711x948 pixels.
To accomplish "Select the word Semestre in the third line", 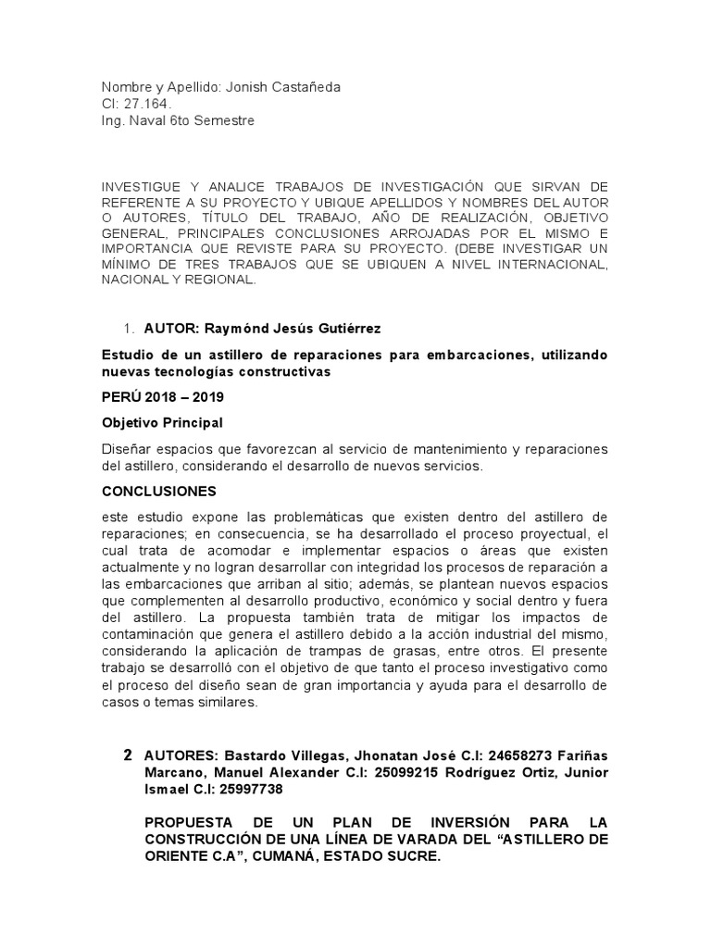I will tap(223, 120).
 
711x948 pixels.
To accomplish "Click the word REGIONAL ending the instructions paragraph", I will tap(221, 280).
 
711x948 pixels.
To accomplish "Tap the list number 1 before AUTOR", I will tap(128, 331).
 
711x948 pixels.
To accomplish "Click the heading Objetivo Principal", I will tap(162, 422).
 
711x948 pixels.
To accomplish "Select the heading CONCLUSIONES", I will tap(158, 491).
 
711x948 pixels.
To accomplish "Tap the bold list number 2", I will tap(128, 755).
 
